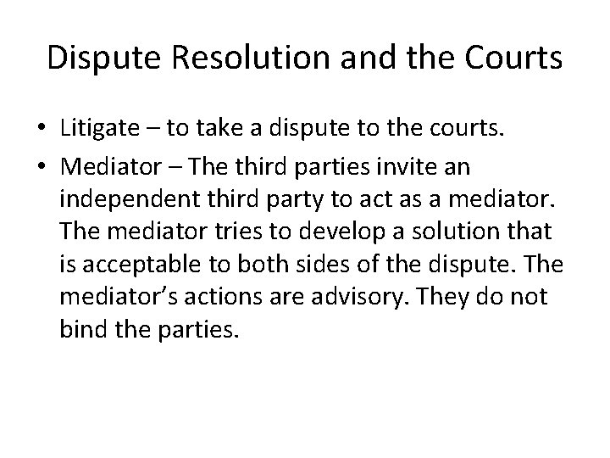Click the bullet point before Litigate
click(x=42, y=127)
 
